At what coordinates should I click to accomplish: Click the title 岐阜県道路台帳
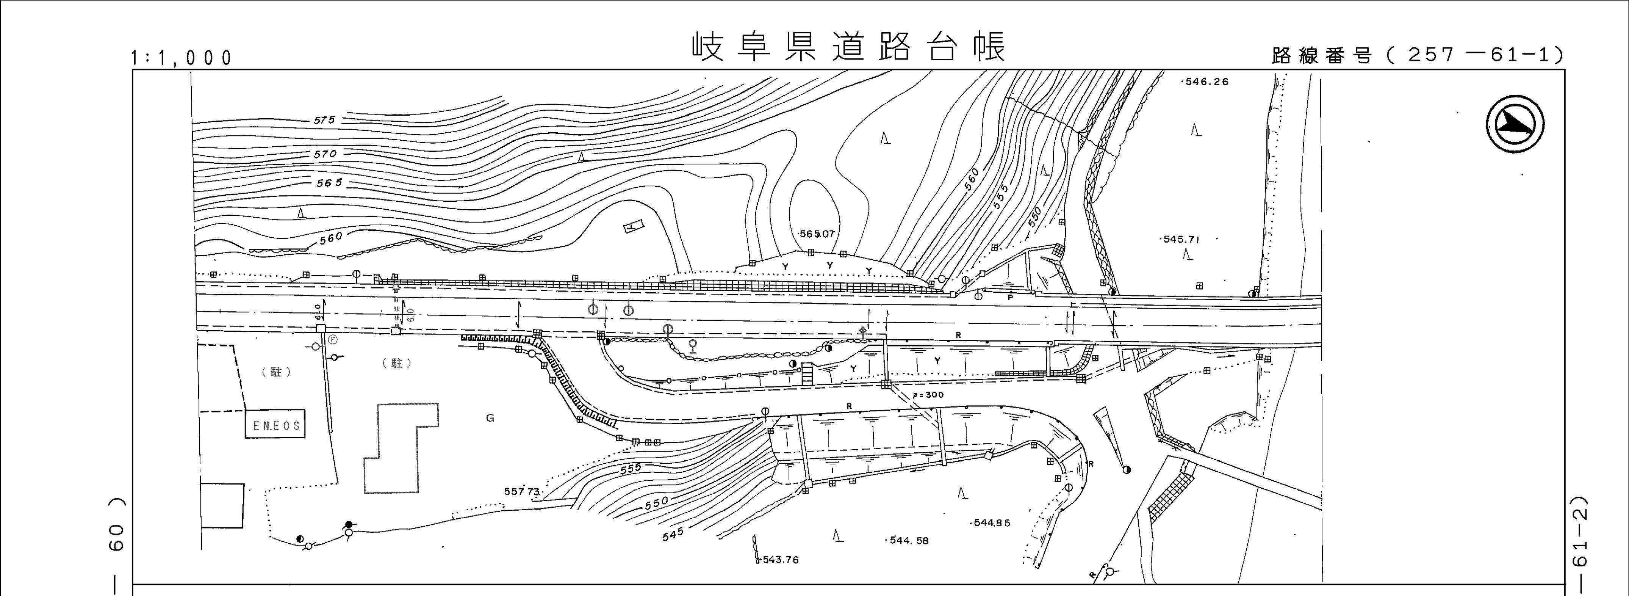(x=847, y=46)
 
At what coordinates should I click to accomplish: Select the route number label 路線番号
(x=1322, y=56)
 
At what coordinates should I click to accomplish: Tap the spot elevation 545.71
(x=1181, y=239)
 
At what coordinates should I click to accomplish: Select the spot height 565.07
(x=817, y=234)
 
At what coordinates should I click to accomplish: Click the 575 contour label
(x=324, y=119)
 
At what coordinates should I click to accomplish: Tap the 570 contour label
(x=325, y=154)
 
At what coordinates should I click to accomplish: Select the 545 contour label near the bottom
(x=673, y=535)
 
